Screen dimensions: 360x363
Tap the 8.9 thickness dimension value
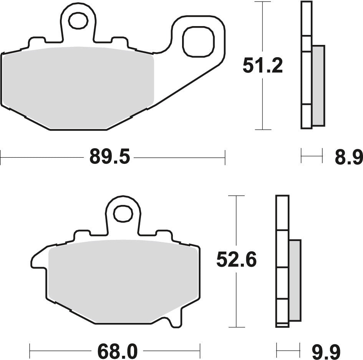(348, 157)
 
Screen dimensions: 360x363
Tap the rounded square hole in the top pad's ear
(198, 41)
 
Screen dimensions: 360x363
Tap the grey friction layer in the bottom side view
(295, 280)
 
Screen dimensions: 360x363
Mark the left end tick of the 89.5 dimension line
(1, 157)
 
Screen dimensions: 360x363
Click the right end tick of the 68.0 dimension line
(200, 350)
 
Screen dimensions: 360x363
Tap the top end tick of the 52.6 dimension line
(237, 195)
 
